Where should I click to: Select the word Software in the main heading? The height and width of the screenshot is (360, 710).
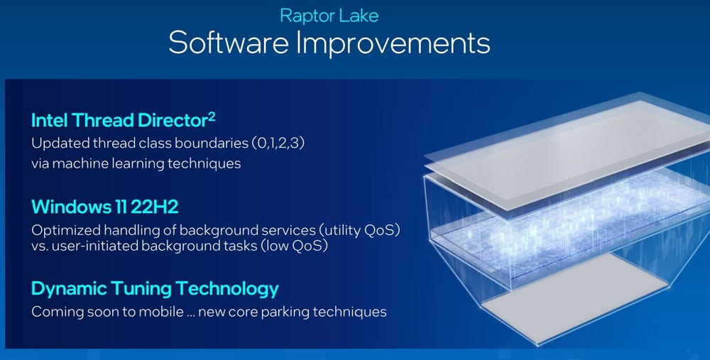click(229, 43)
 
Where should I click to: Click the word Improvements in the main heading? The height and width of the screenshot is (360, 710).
click(393, 43)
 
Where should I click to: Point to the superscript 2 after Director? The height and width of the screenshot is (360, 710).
click(212, 117)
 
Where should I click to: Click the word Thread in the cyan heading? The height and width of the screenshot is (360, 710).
click(103, 121)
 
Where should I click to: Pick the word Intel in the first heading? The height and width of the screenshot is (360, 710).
click(49, 121)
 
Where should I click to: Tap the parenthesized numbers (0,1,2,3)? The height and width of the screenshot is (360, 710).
click(278, 143)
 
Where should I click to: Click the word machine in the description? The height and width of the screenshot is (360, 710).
click(81, 163)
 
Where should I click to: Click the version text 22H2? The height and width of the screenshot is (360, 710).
click(154, 207)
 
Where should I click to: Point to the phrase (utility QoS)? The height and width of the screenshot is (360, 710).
click(359, 230)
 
